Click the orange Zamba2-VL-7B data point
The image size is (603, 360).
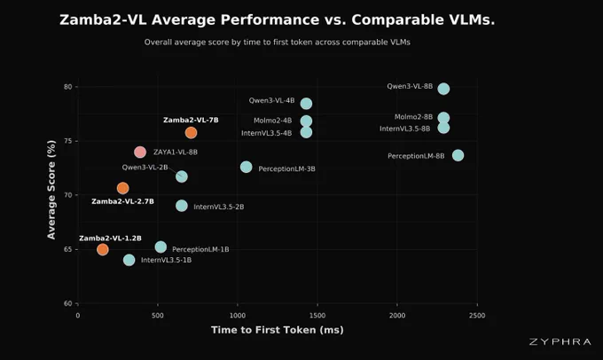pos(192,133)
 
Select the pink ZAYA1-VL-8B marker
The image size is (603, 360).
pos(140,152)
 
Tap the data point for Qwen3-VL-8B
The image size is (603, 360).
pos(443,89)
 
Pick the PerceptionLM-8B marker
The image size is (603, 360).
pos(458,155)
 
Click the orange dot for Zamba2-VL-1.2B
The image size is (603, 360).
pos(103,249)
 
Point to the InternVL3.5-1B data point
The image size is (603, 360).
pos(129,260)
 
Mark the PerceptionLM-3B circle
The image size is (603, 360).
pos(247,167)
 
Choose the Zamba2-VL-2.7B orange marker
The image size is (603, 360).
pos(122,188)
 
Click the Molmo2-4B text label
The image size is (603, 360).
pos(272,121)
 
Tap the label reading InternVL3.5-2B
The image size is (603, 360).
pos(219,207)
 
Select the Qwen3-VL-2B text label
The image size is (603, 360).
pos(145,167)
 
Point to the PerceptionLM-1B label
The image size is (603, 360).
pos(200,249)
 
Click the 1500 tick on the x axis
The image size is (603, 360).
pos(317,316)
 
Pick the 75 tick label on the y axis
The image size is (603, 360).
pos(68,141)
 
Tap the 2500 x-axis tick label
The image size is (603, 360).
pos(477,316)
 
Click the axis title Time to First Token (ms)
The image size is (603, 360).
pos(278,330)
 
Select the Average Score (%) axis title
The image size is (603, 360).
pos(51,189)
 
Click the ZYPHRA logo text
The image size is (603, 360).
pos(560,342)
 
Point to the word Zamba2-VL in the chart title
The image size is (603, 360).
pos(103,20)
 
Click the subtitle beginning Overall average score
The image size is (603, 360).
pos(278,42)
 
